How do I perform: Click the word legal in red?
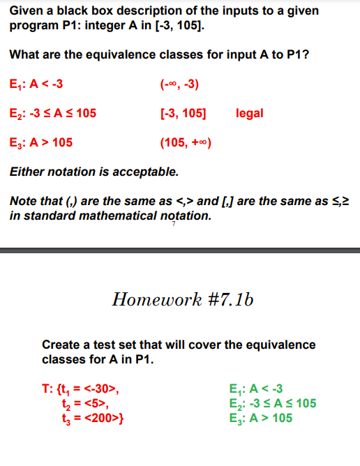[x=250, y=113]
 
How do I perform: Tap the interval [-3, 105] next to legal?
[x=183, y=113]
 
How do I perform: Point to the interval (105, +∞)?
[x=185, y=143]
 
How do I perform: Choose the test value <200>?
[x=102, y=418]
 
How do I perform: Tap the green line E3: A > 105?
[x=260, y=418]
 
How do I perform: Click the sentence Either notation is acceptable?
[x=94, y=171]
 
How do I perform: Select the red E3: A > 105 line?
[x=41, y=143]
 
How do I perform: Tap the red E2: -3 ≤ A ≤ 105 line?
[x=53, y=113]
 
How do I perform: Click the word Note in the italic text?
[x=24, y=202]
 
